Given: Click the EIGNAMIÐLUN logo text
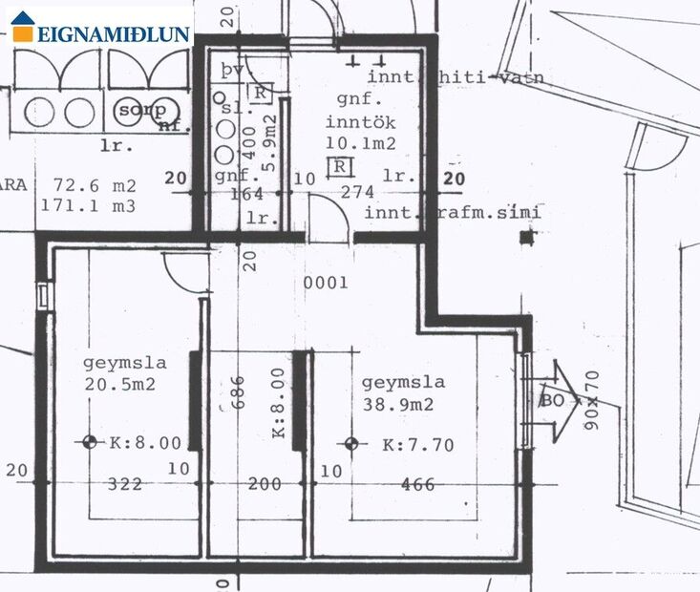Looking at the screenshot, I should pyautogui.click(x=113, y=34).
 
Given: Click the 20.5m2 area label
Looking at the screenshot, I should pyautogui.click(x=118, y=385).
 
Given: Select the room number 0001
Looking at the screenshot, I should pyautogui.click(x=326, y=283).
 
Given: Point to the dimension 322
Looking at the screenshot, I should pyautogui.click(x=125, y=484).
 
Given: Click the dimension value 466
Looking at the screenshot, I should pyautogui.click(x=417, y=484).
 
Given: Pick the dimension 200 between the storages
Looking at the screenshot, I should pyautogui.click(x=265, y=484).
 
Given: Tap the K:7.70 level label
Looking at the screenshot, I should pyautogui.click(x=417, y=444).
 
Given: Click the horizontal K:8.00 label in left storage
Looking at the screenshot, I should pyautogui.click(x=145, y=443).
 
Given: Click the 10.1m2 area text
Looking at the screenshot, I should pyautogui.click(x=362, y=145).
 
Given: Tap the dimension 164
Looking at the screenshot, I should pyautogui.click(x=247, y=193).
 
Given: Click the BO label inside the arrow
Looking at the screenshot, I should pyautogui.click(x=552, y=399).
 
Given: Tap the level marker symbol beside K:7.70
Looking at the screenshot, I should pyautogui.click(x=351, y=443).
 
